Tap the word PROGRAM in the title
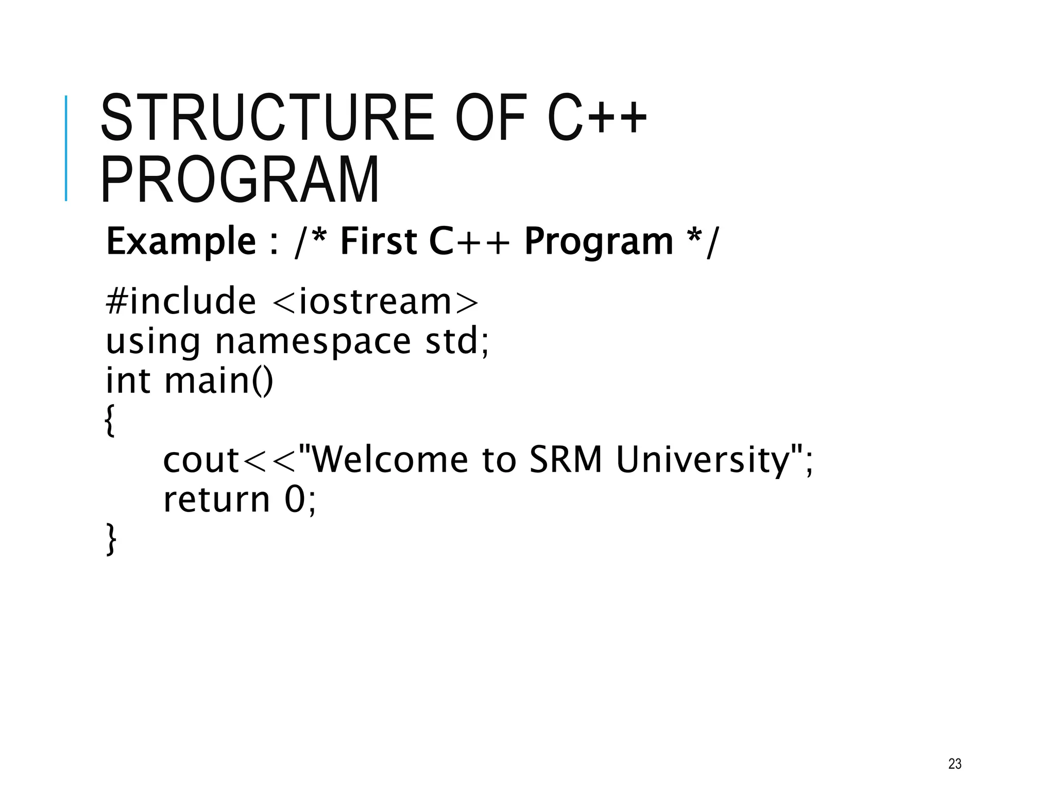click(240, 179)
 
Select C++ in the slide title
click(597, 118)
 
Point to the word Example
click(181, 241)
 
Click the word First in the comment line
click(379, 241)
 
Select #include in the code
click(180, 301)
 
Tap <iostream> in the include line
click(375, 301)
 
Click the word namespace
click(313, 341)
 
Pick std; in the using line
click(457, 341)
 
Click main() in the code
click(219, 381)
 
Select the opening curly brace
click(110, 420)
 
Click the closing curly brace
click(111, 539)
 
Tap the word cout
click(201, 460)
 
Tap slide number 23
click(955, 764)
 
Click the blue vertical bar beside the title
click(66, 148)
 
